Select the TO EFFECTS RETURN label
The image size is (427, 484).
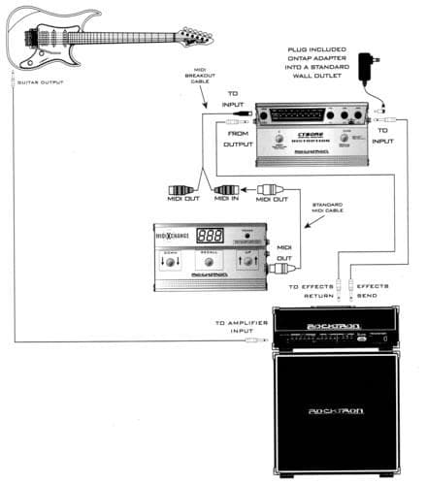pyautogui.click(x=311, y=293)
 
